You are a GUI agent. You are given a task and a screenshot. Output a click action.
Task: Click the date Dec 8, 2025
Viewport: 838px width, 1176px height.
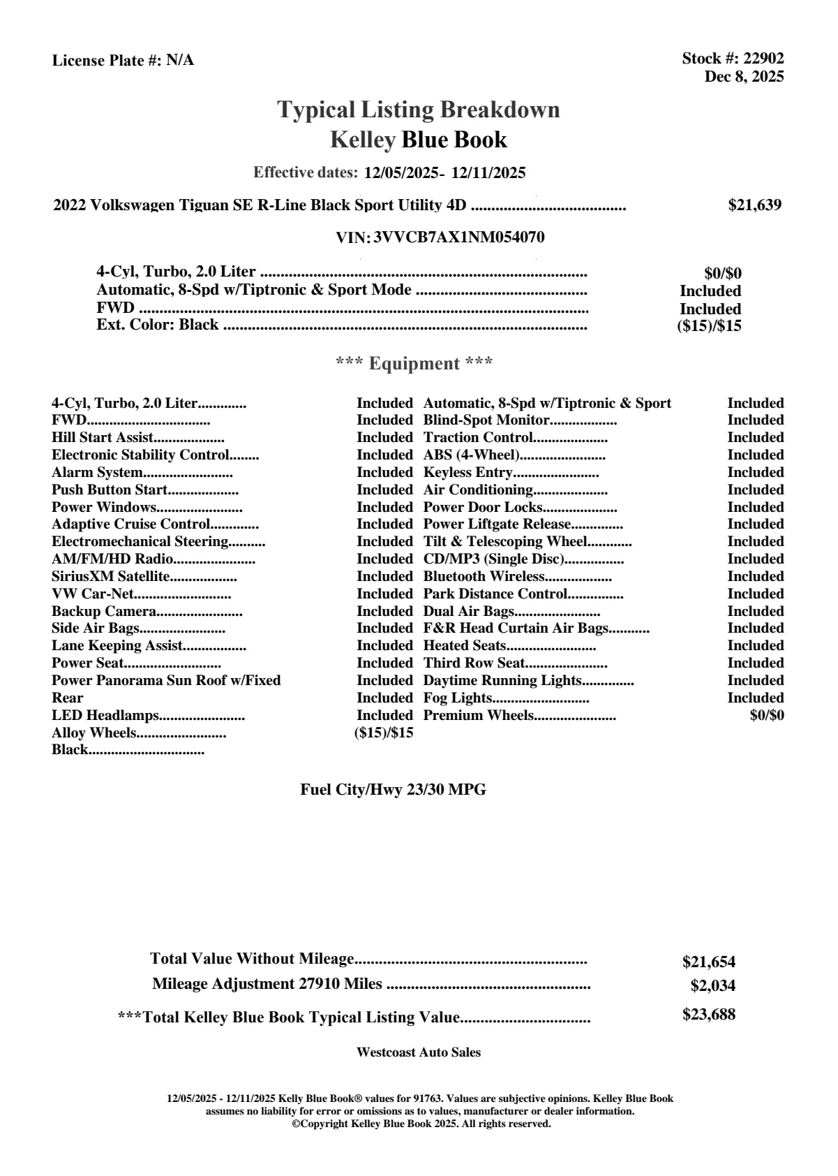coord(744,77)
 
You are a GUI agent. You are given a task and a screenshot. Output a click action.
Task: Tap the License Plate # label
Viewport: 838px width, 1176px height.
coord(107,61)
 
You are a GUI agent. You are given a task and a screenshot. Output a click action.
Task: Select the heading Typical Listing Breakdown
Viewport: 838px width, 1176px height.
coord(419,110)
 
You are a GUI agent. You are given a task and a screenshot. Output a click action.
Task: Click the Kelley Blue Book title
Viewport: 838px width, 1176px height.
coord(419,140)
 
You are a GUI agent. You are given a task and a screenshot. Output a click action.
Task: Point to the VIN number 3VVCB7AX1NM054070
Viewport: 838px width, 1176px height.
coord(459,237)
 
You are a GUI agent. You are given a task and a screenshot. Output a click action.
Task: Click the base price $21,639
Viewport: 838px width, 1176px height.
coord(754,205)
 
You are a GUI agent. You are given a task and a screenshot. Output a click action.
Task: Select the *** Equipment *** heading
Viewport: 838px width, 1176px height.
coord(414,364)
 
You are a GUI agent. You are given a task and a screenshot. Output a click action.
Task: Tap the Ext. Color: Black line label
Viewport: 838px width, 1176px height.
coord(158,325)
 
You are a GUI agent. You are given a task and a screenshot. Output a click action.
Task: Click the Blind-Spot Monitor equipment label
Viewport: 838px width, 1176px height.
coord(486,420)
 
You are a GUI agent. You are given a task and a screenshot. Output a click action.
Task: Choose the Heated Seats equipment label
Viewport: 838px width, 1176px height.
coord(465,646)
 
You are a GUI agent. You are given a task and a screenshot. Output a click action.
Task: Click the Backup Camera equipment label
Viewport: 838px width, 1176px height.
coord(103,612)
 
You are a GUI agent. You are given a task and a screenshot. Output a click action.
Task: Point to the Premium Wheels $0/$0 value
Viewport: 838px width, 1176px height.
coord(766,716)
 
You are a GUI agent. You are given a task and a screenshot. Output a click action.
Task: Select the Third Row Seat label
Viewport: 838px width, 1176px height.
coord(474,663)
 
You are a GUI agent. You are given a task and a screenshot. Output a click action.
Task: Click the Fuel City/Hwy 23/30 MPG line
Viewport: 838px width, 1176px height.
coord(393,790)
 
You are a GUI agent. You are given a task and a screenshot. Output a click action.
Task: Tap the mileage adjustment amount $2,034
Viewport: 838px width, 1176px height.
coord(712,986)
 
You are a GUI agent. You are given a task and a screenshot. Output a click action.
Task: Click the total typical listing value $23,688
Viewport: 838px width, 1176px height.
coord(708,1015)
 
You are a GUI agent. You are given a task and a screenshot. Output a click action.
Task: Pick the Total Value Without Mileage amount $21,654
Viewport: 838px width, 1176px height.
coord(708,962)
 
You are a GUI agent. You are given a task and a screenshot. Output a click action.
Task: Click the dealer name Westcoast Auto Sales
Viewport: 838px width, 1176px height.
coord(418,1052)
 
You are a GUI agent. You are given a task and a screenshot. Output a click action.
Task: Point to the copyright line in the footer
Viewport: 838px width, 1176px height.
coord(421,1124)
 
